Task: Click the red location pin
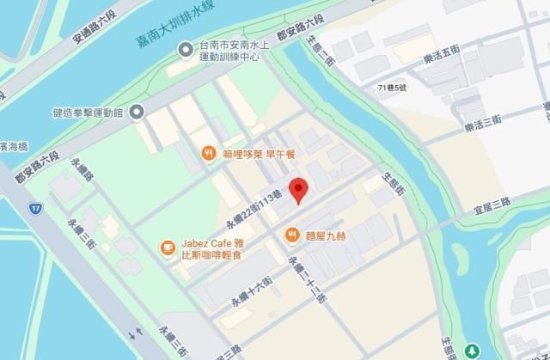[x=298, y=188]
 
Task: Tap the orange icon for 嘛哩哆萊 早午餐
[x=208, y=153]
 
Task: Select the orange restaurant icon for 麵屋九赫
[x=291, y=233]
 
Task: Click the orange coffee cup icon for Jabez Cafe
[x=166, y=248]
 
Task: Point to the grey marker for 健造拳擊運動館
[x=137, y=113]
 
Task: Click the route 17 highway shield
[x=34, y=208]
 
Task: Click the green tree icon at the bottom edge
[x=473, y=351]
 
